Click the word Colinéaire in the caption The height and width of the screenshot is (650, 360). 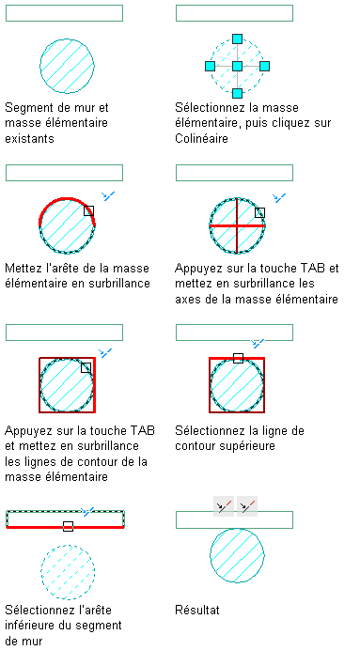pyautogui.click(x=201, y=138)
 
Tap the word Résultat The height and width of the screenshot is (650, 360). pyautogui.click(x=197, y=611)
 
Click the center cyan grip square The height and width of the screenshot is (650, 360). pyautogui.click(x=237, y=67)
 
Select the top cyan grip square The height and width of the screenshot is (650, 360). pyautogui.click(x=237, y=39)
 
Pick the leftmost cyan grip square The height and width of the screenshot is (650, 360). pyautogui.click(x=211, y=67)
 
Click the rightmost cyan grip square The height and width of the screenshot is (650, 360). pyautogui.click(x=265, y=67)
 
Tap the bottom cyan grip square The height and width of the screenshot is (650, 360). pyautogui.click(x=237, y=93)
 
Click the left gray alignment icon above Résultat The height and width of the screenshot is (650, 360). pyautogui.click(x=224, y=506)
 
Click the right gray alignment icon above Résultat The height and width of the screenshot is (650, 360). pyautogui.click(x=247, y=506)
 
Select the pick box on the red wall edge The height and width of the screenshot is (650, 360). pyautogui.click(x=68, y=526)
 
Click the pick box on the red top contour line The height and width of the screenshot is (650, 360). pyautogui.click(x=238, y=358)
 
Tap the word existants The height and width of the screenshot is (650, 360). pyautogui.click(x=29, y=138)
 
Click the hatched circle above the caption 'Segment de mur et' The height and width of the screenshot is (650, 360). pyautogui.click(x=67, y=66)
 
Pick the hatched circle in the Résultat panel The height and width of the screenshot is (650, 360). pyautogui.click(x=237, y=555)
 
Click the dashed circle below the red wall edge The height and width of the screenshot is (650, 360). pyautogui.click(x=68, y=572)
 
